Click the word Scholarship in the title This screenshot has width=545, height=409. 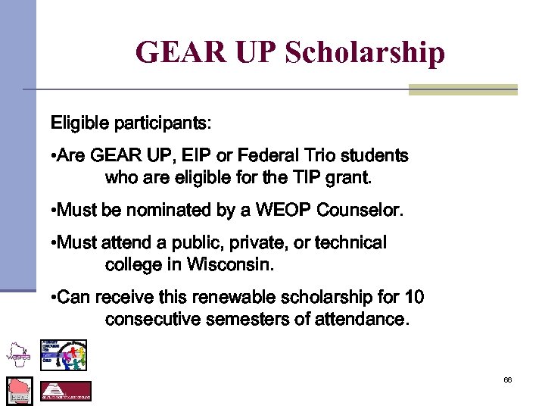[x=365, y=53]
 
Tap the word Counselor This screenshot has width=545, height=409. [x=361, y=210]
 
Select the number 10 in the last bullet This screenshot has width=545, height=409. [x=414, y=296]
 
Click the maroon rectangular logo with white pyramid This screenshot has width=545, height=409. [x=65, y=392]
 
